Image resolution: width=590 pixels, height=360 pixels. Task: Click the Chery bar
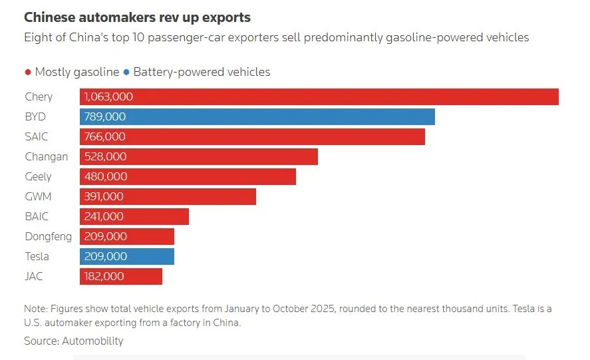pyautogui.click(x=319, y=96)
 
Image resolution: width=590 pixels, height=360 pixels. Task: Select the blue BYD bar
pyautogui.click(x=257, y=116)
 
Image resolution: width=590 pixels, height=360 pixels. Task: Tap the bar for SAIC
pyautogui.click(x=252, y=136)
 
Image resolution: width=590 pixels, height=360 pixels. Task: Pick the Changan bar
pyautogui.click(x=199, y=156)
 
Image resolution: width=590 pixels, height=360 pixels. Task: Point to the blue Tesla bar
pyautogui.click(x=127, y=256)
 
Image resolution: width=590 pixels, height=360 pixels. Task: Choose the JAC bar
pyautogui.click(x=121, y=276)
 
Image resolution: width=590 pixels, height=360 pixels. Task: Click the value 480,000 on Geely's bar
pyautogui.click(x=105, y=176)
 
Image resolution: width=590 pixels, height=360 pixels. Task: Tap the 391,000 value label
pyautogui.click(x=104, y=196)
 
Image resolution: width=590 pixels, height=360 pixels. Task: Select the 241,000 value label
pyautogui.click(x=104, y=216)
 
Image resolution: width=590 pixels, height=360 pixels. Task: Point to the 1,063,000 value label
pyautogui.click(x=108, y=96)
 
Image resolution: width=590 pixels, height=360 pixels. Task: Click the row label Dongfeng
pyautogui.click(x=48, y=236)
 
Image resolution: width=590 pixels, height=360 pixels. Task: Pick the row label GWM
pyautogui.click(x=38, y=196)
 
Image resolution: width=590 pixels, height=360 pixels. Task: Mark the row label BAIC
pyautogui.click(x=37, y=216)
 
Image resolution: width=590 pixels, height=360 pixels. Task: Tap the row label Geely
pyautogui.click(x=38, y=176)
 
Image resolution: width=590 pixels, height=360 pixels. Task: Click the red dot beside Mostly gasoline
pyautogui.click(x=27, y=72)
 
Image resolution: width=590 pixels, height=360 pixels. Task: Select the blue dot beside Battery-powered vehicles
pyautogui.click(x=126, y=72)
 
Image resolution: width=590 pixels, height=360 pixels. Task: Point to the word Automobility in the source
pyautogui.click(x=92, y=341)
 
